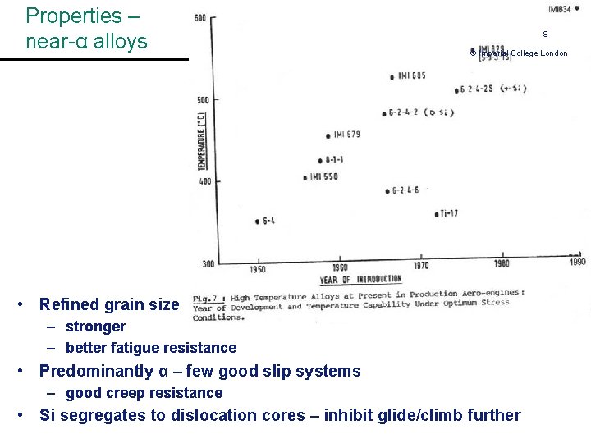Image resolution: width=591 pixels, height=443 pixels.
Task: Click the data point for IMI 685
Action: click(x=392, y=77)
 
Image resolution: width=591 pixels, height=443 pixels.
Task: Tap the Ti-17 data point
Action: click(x=436, y=214)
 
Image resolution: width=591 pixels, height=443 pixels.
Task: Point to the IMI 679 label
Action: click(x=346, y=134)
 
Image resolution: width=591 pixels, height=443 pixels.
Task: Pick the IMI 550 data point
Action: click(x=305, y=177)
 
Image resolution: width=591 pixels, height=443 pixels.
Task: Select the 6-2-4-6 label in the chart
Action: click(x=405, y=190)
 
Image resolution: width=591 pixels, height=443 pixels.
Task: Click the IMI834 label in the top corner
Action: click(x=559, y=9)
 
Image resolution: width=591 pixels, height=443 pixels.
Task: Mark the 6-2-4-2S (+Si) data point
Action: click(x=456, y=89)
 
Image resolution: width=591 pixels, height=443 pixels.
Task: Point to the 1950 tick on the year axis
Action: click(x=258, y=270)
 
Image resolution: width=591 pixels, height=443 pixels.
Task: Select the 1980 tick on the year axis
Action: click(x=501, y=264)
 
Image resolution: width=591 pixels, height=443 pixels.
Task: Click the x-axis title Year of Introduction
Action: click(x=360, y=279)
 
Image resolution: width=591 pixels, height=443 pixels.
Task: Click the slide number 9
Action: click(x=544, y=34)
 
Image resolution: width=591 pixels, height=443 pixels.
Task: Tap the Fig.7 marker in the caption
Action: click(x=206, y=298)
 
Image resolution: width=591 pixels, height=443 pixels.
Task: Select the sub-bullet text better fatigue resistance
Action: click(x=150, y=348)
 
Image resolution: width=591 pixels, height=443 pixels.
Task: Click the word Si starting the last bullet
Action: click(x=48, y=415)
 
